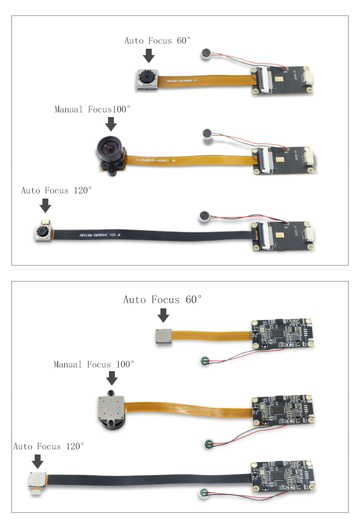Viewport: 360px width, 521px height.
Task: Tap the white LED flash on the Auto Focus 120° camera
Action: (46, 223)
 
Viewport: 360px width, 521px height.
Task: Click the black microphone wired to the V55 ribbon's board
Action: (203, 216)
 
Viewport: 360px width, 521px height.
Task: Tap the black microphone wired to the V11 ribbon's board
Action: (206, 55)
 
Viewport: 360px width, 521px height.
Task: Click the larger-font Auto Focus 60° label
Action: (162, 300)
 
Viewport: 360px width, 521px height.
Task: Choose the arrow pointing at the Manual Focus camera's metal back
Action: (112, 378)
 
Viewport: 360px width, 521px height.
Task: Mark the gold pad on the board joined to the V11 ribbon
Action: (283, 78)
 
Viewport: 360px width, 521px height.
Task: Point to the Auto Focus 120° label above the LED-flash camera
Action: (57, 190)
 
